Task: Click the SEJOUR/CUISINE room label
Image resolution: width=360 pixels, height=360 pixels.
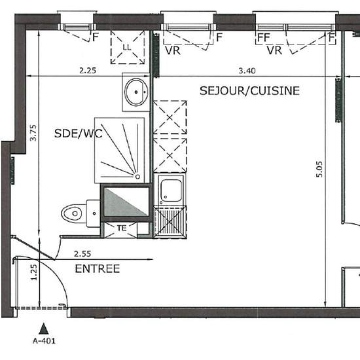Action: (249, 91)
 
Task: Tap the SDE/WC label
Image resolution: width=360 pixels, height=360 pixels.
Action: (79, 134)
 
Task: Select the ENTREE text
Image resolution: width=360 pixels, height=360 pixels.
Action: (98, 268)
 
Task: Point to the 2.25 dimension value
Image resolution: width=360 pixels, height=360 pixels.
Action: (88, 70)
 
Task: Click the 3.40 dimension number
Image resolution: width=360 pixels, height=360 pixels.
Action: (247, 71)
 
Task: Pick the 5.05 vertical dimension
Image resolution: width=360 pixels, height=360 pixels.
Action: (319, 170)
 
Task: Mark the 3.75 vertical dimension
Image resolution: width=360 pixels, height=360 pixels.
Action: (33, 133)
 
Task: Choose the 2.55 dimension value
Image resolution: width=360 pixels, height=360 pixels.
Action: (82, 254)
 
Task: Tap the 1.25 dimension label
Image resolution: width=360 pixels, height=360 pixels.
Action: (33, 272)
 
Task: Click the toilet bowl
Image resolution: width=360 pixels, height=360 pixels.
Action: (71, 213)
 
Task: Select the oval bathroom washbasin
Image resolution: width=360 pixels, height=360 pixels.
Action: (136, 92)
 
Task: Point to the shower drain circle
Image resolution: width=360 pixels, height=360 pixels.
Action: (137, 177)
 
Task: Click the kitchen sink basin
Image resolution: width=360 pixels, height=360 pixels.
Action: (171, 190)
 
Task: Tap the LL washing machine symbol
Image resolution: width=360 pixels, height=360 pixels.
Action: (128, 47)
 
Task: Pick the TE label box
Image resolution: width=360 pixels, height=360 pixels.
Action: (122, 228)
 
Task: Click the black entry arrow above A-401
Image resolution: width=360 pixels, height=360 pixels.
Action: (43, 329)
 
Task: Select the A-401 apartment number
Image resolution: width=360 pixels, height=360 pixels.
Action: (44, 341)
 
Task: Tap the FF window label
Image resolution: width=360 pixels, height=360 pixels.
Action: (264, 37)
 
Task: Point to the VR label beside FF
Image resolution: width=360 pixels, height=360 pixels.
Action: (274, 50)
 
